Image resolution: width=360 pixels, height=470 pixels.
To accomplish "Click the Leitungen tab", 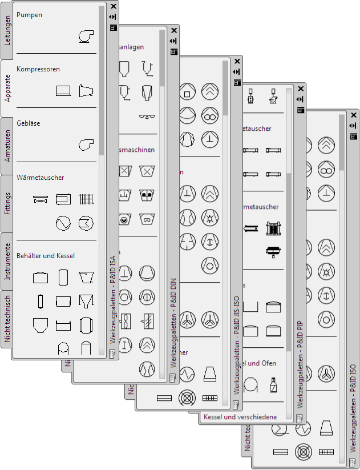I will pyautogui.click(x=7, y=30).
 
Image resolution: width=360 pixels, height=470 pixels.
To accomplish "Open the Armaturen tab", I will pyautogui.click(x=7, y=146).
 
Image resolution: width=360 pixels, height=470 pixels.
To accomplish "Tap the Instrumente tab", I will pyautogui.click(x=7, y=261).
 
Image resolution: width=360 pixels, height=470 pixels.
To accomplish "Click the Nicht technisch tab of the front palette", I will pyautogui.click(x=7, y=318).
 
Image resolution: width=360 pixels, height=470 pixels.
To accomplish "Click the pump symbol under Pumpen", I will pyautogui.click(x=86, y=36).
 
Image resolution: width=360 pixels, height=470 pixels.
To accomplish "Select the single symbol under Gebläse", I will pyautogui.click(x=86, y=144).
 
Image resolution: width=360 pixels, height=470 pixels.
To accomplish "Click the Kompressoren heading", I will pyautogui.click(x=38, y=69).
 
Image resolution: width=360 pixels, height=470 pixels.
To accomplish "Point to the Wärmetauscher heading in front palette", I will pyautogui.click(x=40, y=178).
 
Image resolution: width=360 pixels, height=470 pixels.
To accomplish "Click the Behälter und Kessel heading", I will pyautogui.click(x=46, y=256).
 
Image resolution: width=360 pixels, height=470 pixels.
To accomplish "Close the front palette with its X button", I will pyautogui.click(x=113, y=6).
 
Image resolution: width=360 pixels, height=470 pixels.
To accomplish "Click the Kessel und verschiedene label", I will pyautogui.click(x=240, y=417).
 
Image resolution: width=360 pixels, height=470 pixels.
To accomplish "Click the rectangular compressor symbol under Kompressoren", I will pyautogui.click(x=63, y=90).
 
